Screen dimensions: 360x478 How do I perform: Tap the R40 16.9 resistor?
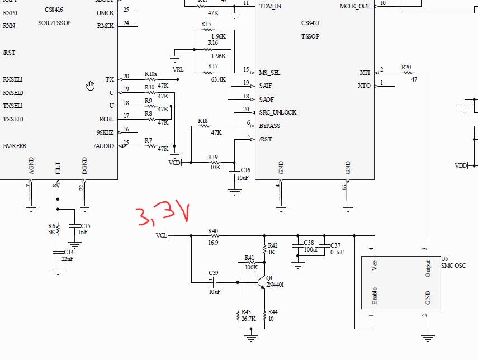(213, 235)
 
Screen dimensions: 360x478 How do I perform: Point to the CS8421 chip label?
(311, 23)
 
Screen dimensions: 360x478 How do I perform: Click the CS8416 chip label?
(54, 10)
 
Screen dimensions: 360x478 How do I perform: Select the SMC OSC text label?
(453, 266)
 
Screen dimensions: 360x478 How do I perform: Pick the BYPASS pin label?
(269, 126)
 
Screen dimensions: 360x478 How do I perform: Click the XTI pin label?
(365, 73)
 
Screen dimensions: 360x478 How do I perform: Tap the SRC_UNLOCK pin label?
(277, 112)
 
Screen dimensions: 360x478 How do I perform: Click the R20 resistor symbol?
(406, 73)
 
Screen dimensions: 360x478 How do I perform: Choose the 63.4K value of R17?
(218, 79)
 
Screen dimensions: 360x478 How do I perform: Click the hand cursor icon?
(91, 85)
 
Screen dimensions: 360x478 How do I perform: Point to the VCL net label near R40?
(161, 235)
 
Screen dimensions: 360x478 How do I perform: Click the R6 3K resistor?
(57, 229)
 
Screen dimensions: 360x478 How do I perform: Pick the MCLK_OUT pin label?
(355, 6)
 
